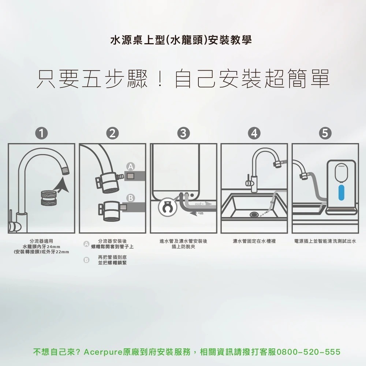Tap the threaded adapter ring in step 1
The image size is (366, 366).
tap(47, 198)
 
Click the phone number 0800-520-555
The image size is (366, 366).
tap(309, 352)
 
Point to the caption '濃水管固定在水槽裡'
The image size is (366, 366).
tap(254, 242)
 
